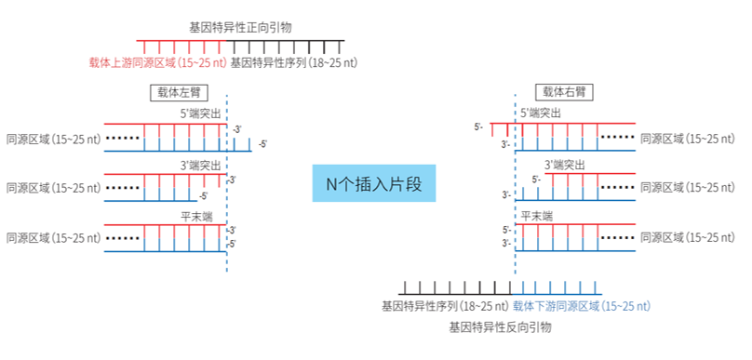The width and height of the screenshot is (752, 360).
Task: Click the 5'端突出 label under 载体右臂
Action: click(541, 113)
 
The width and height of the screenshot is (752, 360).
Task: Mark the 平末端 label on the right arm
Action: click(536, 215)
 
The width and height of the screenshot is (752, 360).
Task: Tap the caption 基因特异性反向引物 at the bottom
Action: click(501, 327)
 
